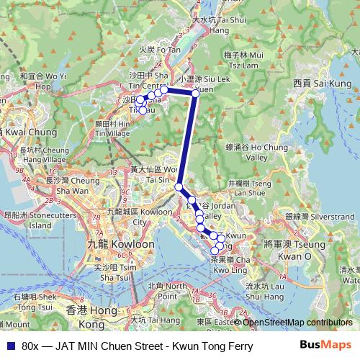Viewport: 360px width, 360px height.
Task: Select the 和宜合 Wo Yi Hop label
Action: point(43,80)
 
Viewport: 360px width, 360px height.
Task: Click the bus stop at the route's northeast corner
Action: point(195,92)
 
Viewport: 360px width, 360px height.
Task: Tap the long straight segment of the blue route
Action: point(187,140)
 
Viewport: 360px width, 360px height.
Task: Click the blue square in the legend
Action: point(9,346)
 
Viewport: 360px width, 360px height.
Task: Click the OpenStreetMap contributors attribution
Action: point(297,323)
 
